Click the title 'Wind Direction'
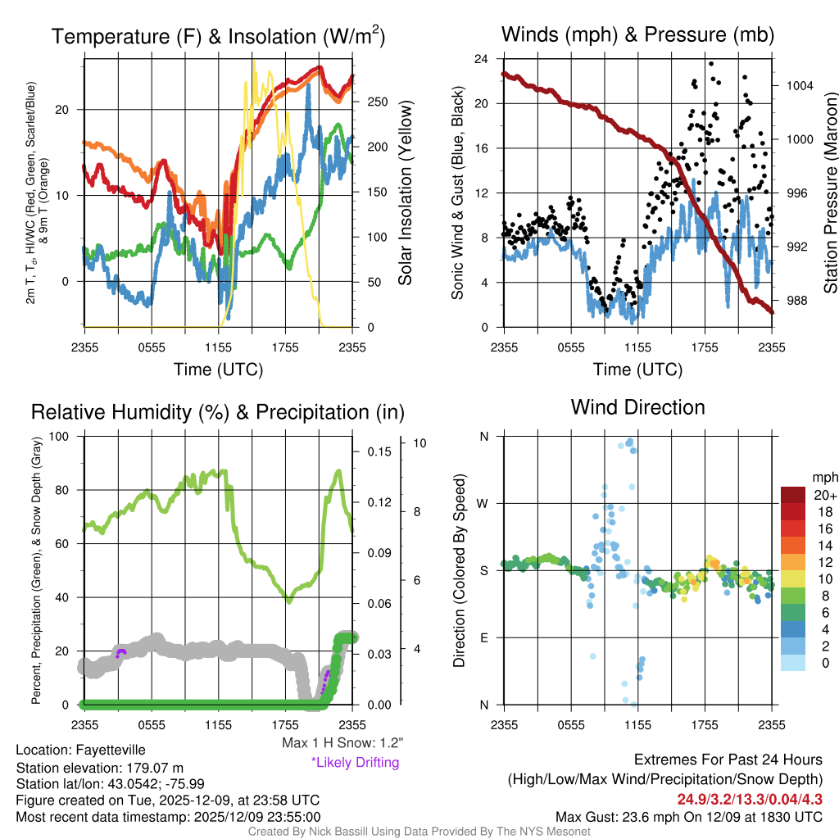click(x=637, y=407)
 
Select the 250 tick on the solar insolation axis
click(x=378, y=102)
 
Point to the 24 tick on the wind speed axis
click(x=482, y=59)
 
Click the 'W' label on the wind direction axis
click(x=483, y=503)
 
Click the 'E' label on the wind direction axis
click(x=483, y=637)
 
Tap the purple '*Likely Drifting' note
click(x=355, y=762)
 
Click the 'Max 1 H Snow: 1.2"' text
click(x=342, y=742)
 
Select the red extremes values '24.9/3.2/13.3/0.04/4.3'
click(x=749, y=798)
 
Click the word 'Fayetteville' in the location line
click(x=111, y=750)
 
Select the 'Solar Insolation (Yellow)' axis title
click(x=405, y=193)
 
